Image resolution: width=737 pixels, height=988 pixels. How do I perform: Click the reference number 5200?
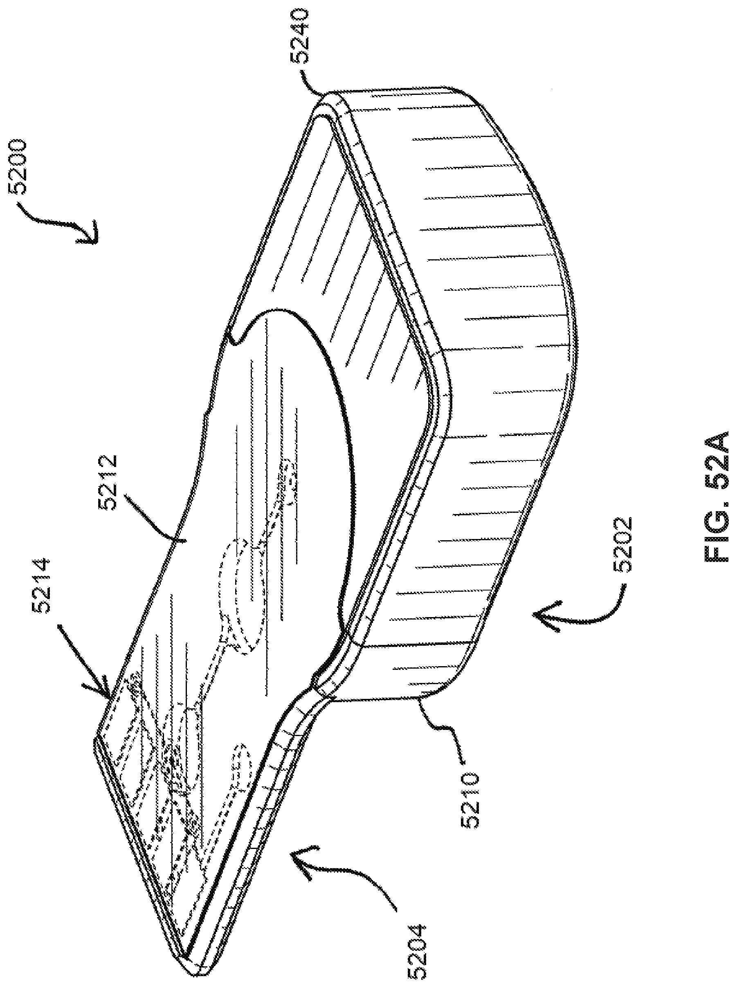pos(20,167)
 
